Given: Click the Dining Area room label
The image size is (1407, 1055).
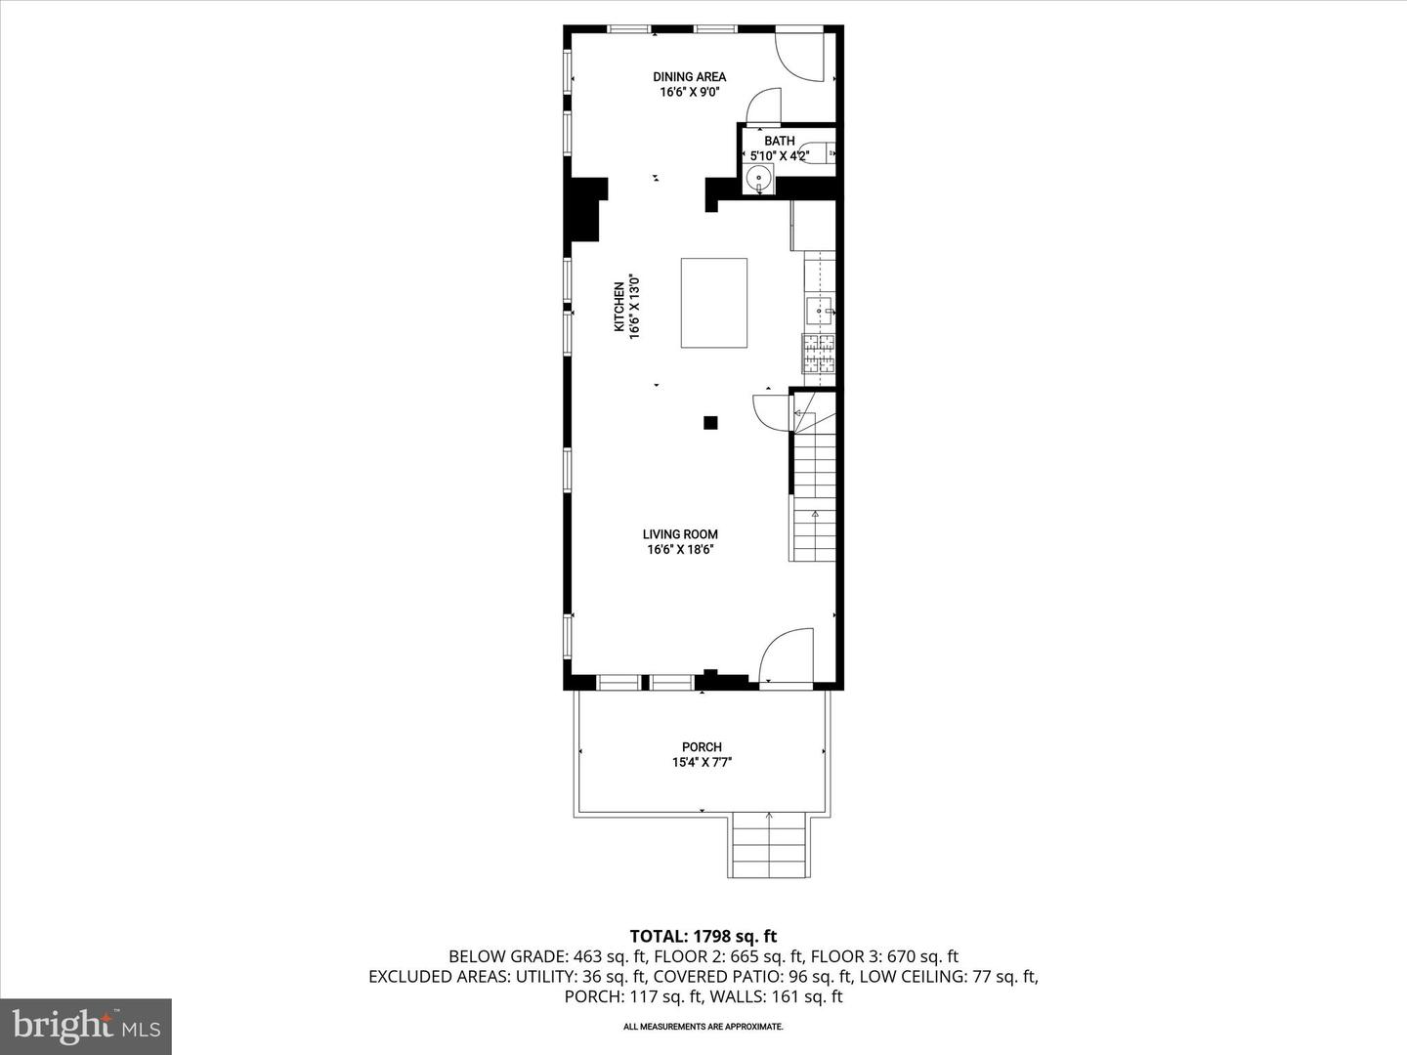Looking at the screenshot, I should (x=689, y=76).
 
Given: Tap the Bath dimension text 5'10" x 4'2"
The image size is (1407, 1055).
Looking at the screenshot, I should (x=779, y=155).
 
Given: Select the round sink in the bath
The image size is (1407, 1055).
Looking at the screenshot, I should (x=758, y=180).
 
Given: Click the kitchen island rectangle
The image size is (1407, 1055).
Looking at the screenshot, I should (x=713, y=302).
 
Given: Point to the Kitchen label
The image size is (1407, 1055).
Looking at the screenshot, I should (x=618, y=307).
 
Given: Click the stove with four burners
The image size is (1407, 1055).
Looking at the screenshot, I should (x=819, y=353).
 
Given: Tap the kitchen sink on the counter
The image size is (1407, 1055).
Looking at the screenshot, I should (x=819, y=312).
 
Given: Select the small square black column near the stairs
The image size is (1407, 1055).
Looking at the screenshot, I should (x=710, y=423).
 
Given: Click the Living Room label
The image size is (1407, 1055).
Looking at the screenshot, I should (x=680, y=534).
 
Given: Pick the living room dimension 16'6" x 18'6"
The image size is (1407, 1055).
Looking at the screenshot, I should (x=680, y=550).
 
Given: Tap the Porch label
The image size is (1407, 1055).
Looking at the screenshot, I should (x=702, y=746).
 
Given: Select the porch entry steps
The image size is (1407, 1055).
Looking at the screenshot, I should (x=769, y=845).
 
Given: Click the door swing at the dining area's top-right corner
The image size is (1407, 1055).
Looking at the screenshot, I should (x=801, y=57).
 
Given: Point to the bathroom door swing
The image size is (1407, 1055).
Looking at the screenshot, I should (x=764, y=106).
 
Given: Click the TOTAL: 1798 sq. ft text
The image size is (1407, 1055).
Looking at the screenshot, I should (x=703, y=937).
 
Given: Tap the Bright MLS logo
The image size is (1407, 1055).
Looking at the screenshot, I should (x=86, y=1026).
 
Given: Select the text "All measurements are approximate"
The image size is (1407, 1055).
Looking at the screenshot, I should (x=703, y=1027).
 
